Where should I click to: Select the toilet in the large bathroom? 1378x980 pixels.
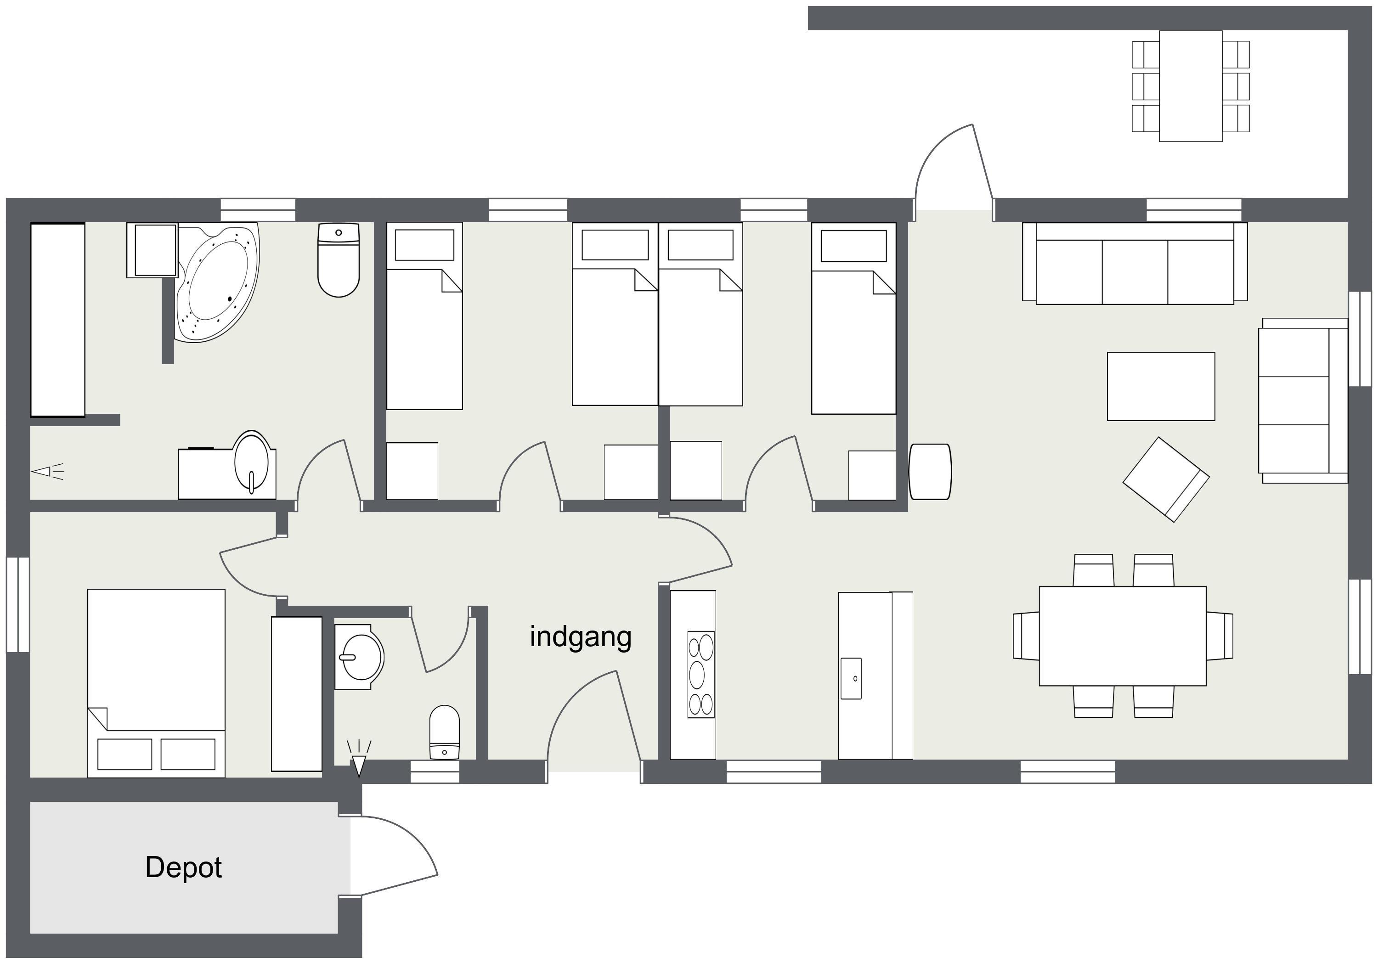click(339, 260)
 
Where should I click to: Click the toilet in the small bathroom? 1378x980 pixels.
click(444, 732)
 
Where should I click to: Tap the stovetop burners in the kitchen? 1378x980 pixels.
click(701, 675)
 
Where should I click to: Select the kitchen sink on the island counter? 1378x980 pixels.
click(851, 679)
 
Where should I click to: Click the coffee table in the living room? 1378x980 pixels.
click(1161, 386)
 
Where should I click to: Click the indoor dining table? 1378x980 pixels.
click(1123, 636)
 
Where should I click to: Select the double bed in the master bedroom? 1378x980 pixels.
click(156, 683)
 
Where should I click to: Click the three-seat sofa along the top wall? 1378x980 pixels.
click(1135, 263)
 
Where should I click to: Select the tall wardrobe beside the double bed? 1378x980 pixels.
click(296, 694)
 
